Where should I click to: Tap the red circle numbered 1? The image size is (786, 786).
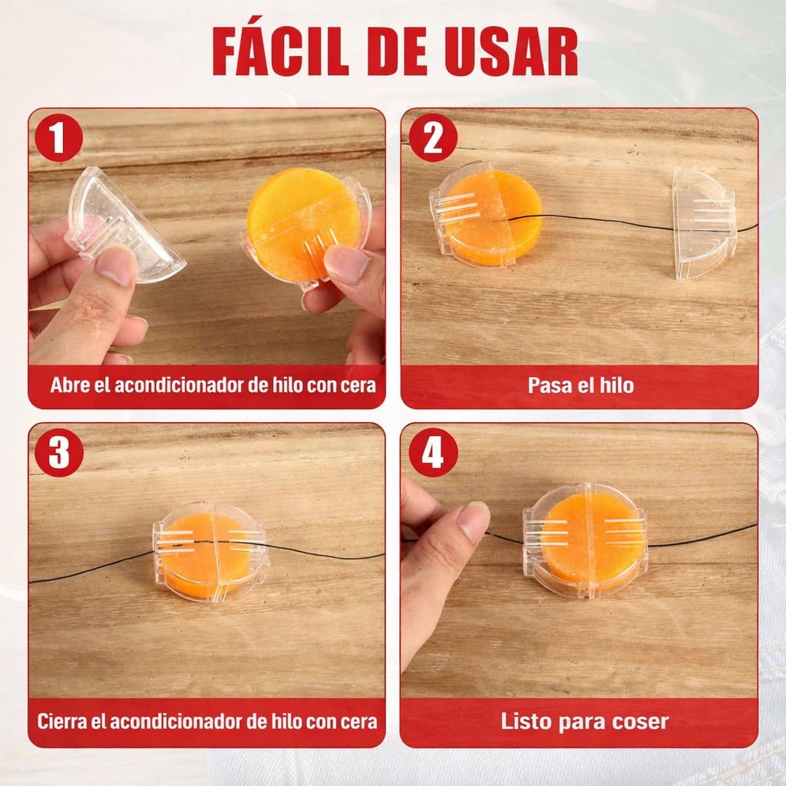[x=58, y=137]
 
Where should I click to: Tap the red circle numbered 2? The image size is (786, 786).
[x=433, y=137]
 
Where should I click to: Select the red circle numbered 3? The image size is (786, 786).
[x=59, y=451]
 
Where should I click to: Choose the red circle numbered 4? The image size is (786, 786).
[x=433, y=451]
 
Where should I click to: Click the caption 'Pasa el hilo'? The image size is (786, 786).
[x=580, y=385]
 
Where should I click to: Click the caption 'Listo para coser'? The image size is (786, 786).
[x=584, y=722]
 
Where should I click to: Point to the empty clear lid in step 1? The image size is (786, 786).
[x=125, y=226]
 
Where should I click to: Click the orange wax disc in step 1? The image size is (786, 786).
[x=302, y=219]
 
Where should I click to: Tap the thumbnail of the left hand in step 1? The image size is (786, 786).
[x=114, y=265]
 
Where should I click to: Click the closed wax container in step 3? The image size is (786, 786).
[x=210, y=550]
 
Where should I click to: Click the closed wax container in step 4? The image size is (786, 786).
[x=585, y=541]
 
